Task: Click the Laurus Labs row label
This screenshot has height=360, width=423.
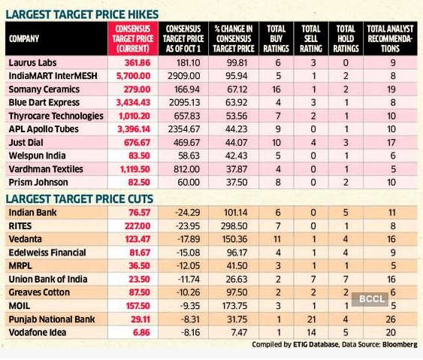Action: click(x=32, y=63)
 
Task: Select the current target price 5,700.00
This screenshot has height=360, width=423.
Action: click(x=133, y=76)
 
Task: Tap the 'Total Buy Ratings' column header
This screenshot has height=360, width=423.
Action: click(x=276, y=38)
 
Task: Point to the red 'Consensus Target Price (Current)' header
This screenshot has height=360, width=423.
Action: click(x=133, y=38)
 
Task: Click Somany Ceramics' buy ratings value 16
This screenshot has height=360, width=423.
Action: click(x=276, y=89)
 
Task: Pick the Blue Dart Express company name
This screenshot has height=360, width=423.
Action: click(x=44, y=103)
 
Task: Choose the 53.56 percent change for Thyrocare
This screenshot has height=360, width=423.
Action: click(x=237, y=116)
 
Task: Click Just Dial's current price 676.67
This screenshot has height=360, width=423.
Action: click(x=137, y=143)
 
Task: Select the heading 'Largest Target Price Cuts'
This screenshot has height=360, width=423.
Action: click(x=80, y=199)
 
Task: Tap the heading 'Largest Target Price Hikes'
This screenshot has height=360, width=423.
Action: click(x=83, y=14)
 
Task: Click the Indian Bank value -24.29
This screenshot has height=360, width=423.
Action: click(x=188, y=213)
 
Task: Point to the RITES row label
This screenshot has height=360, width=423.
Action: click(x=20, y=226)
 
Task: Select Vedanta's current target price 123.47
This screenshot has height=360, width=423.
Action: click(x=137, y=239)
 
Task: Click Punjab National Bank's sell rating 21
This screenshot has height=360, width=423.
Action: click(x=312, y=319)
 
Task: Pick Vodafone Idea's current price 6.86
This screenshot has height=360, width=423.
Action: click(x=142, y=333)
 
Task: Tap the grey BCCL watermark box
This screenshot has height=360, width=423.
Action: click(x=370, y=299)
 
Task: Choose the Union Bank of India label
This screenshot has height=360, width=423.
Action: click(x=48, y=280)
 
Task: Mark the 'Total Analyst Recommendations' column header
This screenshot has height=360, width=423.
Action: click(x=390, y=38)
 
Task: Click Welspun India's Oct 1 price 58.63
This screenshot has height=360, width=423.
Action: click(x=189, y=156)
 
